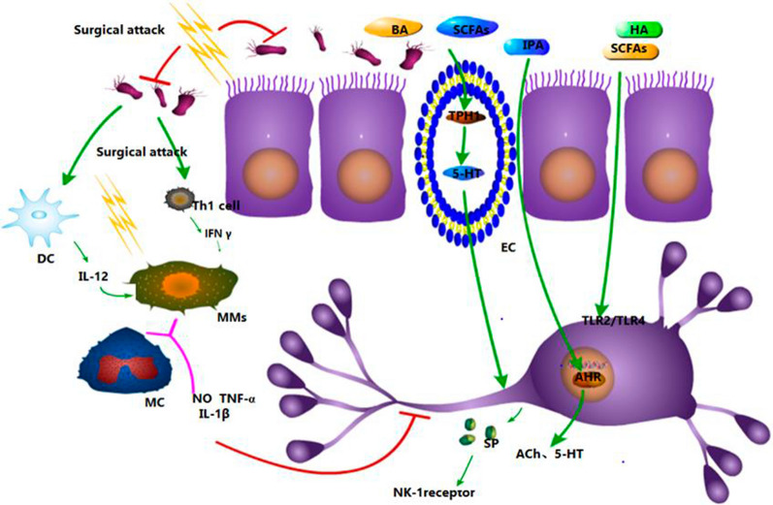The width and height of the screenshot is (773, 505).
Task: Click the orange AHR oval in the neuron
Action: point(584,379)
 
